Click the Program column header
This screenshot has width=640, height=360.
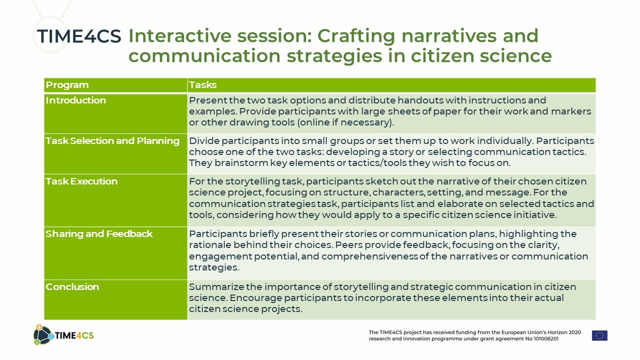click(x=67, y=85)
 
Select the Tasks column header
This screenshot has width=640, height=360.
click(x=202, y=85)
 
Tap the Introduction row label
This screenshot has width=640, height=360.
click(x=75, y=100)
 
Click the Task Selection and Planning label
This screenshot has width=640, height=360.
click(x=112, y=141)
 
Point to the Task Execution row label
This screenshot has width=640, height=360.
click(x=81, y=181)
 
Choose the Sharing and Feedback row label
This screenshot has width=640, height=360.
click(x=99, y=234)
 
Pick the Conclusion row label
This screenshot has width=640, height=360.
click(x=72, y=287)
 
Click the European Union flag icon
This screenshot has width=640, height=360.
click(x=599, y=335)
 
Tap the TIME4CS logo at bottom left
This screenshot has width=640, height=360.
click(x=63, y=335)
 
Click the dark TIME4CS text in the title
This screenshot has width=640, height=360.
click(x=79, y=36)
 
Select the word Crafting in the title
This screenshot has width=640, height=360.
click(x=356, y=36)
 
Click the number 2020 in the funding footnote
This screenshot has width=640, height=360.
click(x=574, y=332)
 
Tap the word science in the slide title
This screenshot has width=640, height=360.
click(x=515, y=55)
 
